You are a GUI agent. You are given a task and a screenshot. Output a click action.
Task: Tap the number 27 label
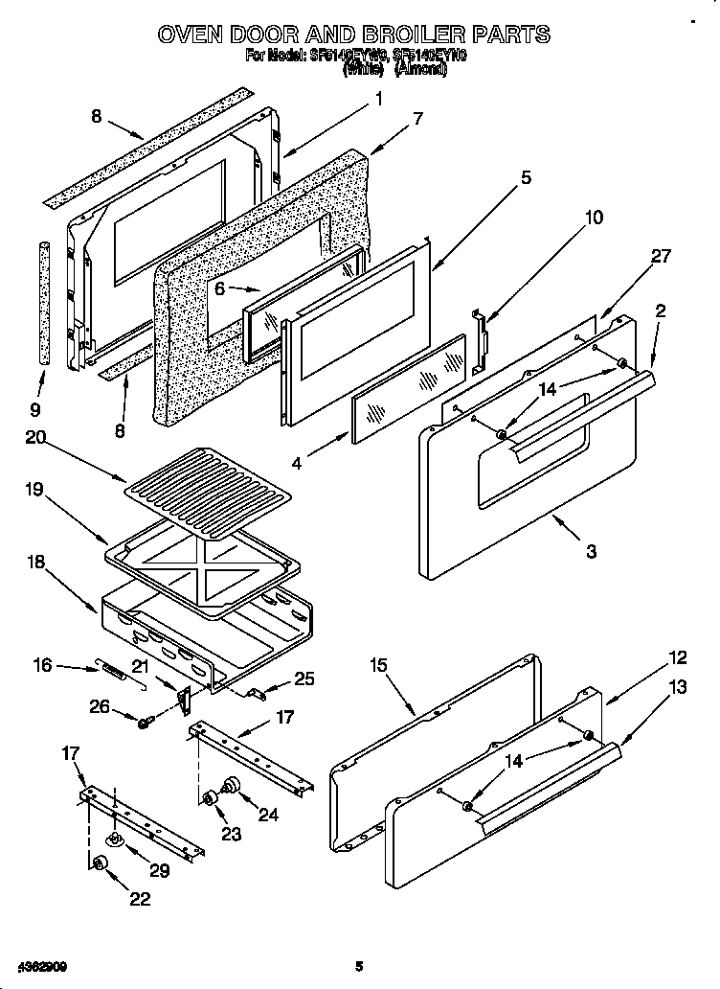point(661,256)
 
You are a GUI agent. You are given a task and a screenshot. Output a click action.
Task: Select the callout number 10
point(594,218)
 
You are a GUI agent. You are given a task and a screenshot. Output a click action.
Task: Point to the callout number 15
point(378,665)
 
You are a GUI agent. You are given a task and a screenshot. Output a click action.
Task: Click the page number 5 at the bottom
point(359,965)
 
